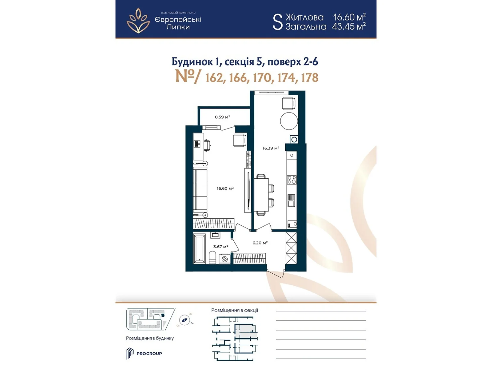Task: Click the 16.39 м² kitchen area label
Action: (271, 148)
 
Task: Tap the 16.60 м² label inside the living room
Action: (225, 188)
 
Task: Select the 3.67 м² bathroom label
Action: (220, 247)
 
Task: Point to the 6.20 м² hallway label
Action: (260, 243)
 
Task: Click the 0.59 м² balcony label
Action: (222, 117)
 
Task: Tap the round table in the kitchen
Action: (289, 121)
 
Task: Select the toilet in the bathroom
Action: (212, 257)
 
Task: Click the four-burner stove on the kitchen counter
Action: (292, 180)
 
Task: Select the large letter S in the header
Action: (277, 22)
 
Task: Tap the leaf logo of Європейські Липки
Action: (138, 21)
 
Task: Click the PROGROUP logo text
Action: (149, 354)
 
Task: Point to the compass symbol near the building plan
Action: (184, 320)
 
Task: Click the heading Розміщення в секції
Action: (234, 310)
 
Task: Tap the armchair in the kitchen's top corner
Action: (289, 103)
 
